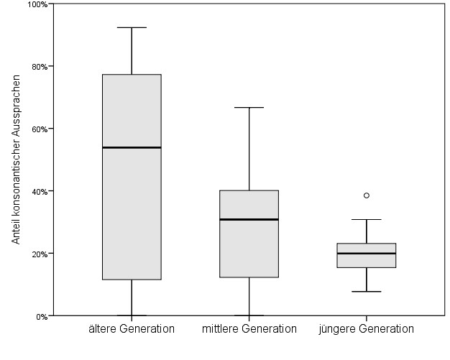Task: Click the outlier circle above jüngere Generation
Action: [367, 195]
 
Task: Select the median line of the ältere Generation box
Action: [132, 147]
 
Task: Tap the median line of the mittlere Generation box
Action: [249, 219]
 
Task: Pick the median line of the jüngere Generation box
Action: [367, 253]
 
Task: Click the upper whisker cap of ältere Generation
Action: [132, 27]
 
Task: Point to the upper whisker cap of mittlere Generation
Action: [249, 107]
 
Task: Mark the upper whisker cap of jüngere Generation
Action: [367, 219]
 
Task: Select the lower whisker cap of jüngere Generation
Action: [367, 292]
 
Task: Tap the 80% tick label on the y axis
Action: [39, 67]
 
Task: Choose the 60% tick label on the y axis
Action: [39, 129]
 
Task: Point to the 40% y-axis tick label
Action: [39, 192]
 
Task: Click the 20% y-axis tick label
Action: [39, 254]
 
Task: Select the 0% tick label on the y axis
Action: [41, 316]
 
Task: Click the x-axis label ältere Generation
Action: [132, 329]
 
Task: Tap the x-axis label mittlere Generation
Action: [249, 329]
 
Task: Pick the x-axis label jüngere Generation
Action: [367, 329]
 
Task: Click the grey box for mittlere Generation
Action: [249, 248]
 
